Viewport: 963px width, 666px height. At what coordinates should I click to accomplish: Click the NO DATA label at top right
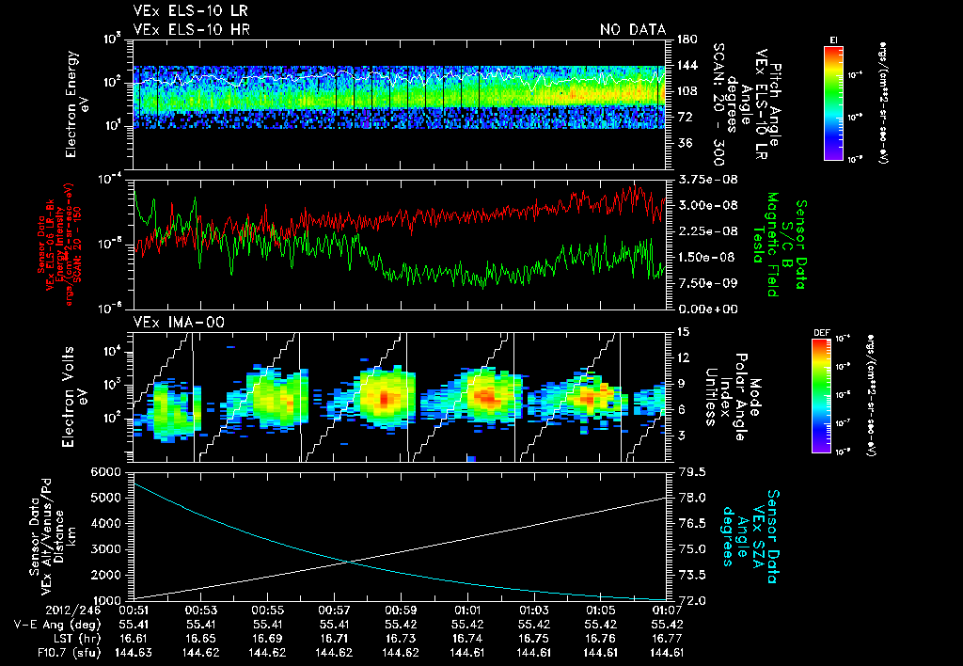click(x=632, y=29)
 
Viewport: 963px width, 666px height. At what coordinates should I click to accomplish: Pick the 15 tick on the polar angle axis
click(x=684, y=332)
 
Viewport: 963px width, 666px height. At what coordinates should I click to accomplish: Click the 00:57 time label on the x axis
click(x=334, y=610)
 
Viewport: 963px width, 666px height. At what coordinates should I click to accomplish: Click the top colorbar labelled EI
click(x=833, y=102)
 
